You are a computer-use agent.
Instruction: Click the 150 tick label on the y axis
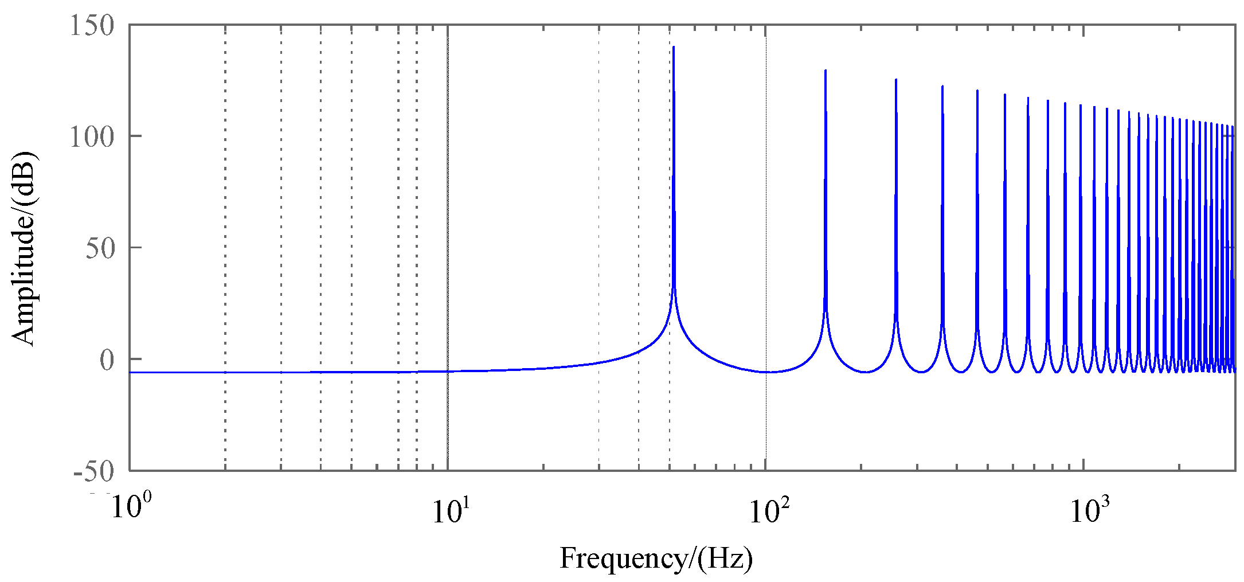pos(92,26)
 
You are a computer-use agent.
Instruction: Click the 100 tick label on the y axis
pos(92,137)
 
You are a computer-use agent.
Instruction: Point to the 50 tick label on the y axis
pos(100,249)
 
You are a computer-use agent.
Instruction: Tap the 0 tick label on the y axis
pos(107,360)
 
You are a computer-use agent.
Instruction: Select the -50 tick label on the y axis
pos(94,472)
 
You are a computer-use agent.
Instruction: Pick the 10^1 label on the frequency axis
pos(448,510)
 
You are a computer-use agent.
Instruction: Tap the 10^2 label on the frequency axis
pos(766,510)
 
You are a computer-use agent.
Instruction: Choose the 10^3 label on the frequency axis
pos(1084,510)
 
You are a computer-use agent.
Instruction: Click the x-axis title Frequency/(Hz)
pos(656,558)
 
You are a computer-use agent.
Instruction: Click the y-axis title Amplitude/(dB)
pos(24,248)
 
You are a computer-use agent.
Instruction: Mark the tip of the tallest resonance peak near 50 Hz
pos(674,47)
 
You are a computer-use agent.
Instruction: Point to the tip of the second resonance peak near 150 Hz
pos(825,71)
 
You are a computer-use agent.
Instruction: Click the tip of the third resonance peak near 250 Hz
pos(895,80)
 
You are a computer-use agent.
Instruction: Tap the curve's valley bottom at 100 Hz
pos(766,372)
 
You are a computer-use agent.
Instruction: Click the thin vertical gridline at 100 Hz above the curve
pos(766,172)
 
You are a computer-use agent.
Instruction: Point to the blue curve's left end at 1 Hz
pos(131,372)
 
